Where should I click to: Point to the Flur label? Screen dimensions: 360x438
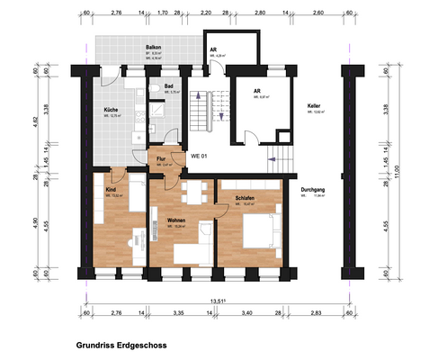(x=159, y=159)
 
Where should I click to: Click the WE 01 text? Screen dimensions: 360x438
(x=200, y=157)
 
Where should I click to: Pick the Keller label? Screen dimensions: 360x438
(x=314, y=106)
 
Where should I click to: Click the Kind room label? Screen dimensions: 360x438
(x=111, y=190)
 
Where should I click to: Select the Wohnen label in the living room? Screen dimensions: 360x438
(x=163, y=219)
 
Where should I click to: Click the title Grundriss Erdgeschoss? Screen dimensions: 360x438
(x=122, y=345)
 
